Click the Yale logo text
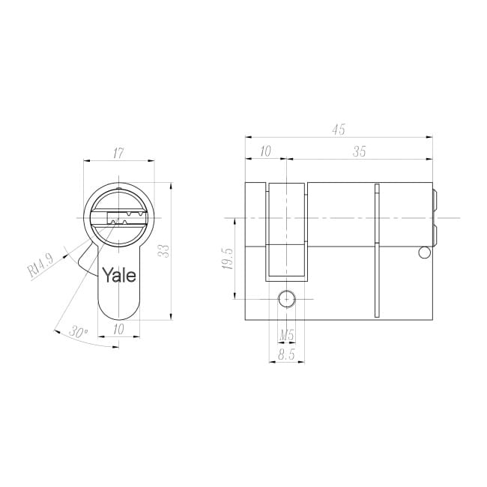(119, 275)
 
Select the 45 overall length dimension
(339, 130)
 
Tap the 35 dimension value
(360, 151)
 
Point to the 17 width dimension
(118, 153)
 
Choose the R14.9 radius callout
(41, 265)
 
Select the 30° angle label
(78, 332)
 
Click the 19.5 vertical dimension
(228, 258)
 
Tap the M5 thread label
(286, 336)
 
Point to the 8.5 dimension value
(286, 354)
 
